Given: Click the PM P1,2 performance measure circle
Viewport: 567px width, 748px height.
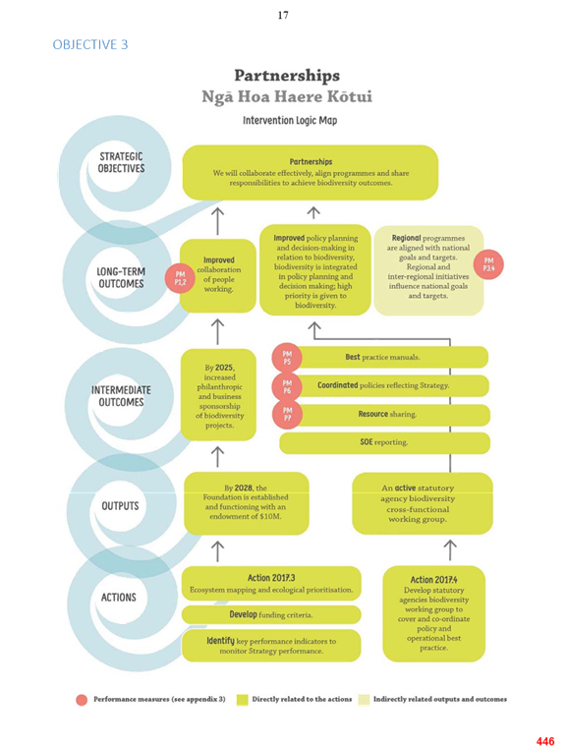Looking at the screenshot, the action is click(180, 278).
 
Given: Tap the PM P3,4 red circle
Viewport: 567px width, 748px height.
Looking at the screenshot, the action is click(488, 264).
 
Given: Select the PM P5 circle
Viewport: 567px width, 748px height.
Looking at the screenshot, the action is click(287, 358).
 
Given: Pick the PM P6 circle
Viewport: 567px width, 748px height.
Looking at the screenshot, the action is click(287, 387).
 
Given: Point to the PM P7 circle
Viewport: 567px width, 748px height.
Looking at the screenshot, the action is click(287, 414).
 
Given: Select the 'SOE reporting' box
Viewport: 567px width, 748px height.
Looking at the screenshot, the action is click(384, 442).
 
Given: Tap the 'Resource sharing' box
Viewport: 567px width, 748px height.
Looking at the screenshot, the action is click(387, 415).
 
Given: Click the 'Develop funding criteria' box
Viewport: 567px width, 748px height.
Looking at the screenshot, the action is click(271, 615).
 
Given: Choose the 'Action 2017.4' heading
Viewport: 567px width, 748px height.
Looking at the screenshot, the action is click(434, 580).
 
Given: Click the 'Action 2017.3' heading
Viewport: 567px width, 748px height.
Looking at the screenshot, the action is click(271, 578).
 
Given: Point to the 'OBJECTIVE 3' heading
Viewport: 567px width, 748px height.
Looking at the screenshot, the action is click(90, 44).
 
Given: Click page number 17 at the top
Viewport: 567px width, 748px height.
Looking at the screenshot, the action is click(283, 16).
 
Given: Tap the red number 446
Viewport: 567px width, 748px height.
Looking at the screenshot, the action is click(545, 741).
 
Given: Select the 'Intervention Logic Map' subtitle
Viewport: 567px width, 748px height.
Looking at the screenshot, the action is click(290, 120).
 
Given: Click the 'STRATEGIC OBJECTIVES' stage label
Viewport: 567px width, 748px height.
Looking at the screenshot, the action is click(121, 162).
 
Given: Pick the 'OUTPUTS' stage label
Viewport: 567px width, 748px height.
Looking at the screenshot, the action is click(120, 505).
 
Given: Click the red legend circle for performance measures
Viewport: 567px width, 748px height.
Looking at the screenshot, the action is click(82, 699).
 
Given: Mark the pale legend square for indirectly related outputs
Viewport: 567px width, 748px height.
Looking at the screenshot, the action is click(364, 699).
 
